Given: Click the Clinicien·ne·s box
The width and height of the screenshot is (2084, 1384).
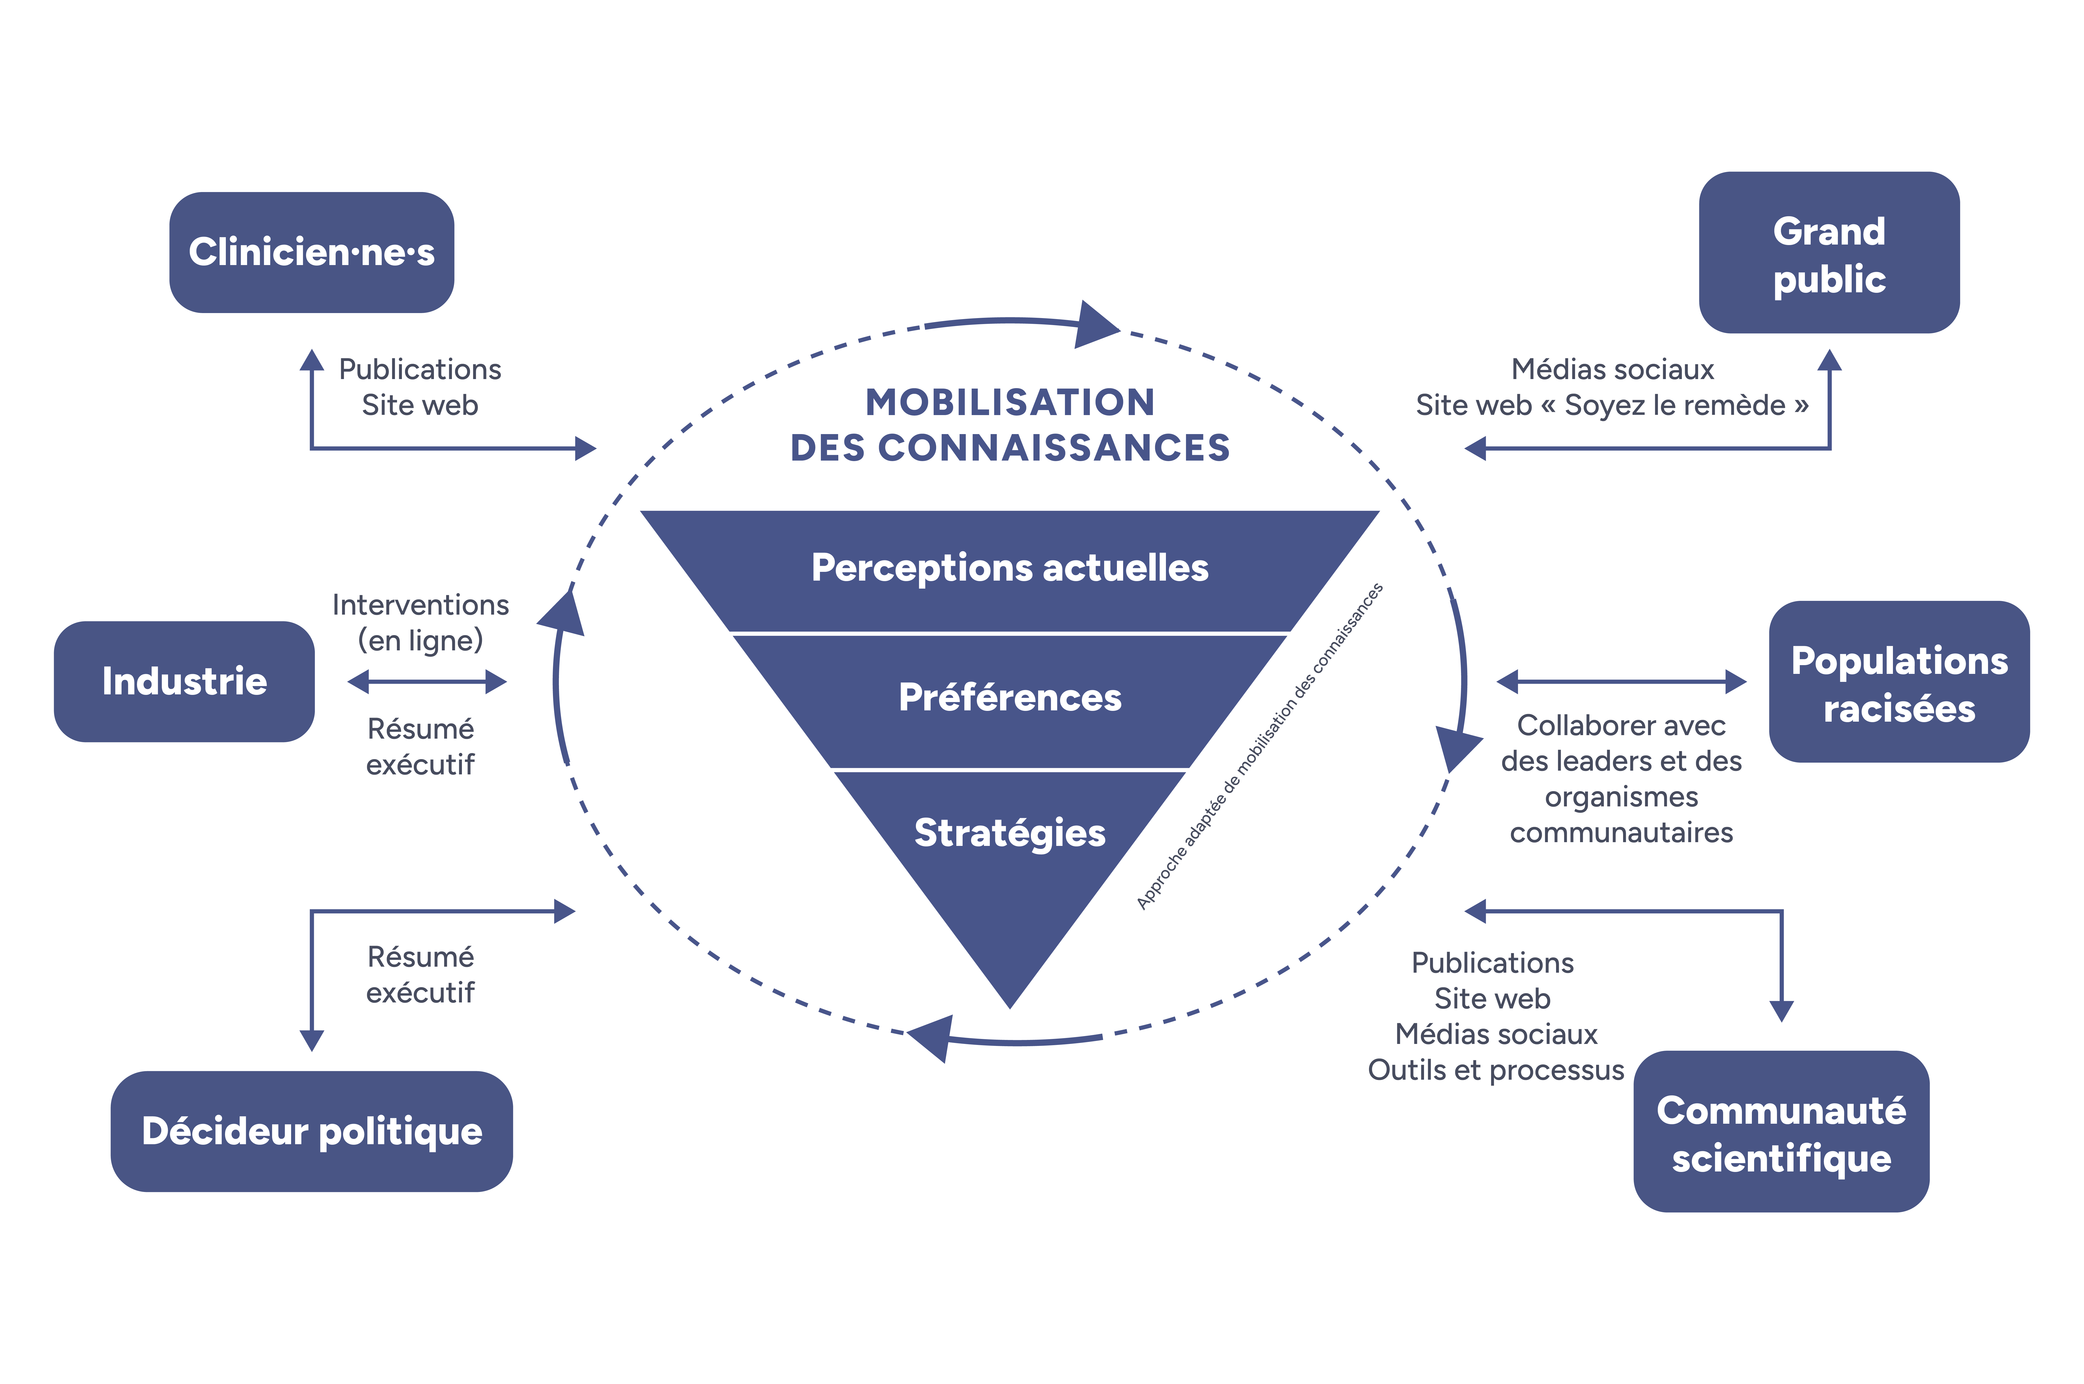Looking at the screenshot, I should point(312,253).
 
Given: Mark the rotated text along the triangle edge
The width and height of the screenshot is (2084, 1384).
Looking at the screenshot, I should point(1260,746).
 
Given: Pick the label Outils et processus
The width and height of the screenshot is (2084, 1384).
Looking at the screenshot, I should point(1495,1070).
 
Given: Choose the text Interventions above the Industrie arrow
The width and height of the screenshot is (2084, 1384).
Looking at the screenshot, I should point(420,605).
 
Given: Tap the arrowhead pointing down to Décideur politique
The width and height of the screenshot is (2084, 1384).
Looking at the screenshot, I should point(312,1040).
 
